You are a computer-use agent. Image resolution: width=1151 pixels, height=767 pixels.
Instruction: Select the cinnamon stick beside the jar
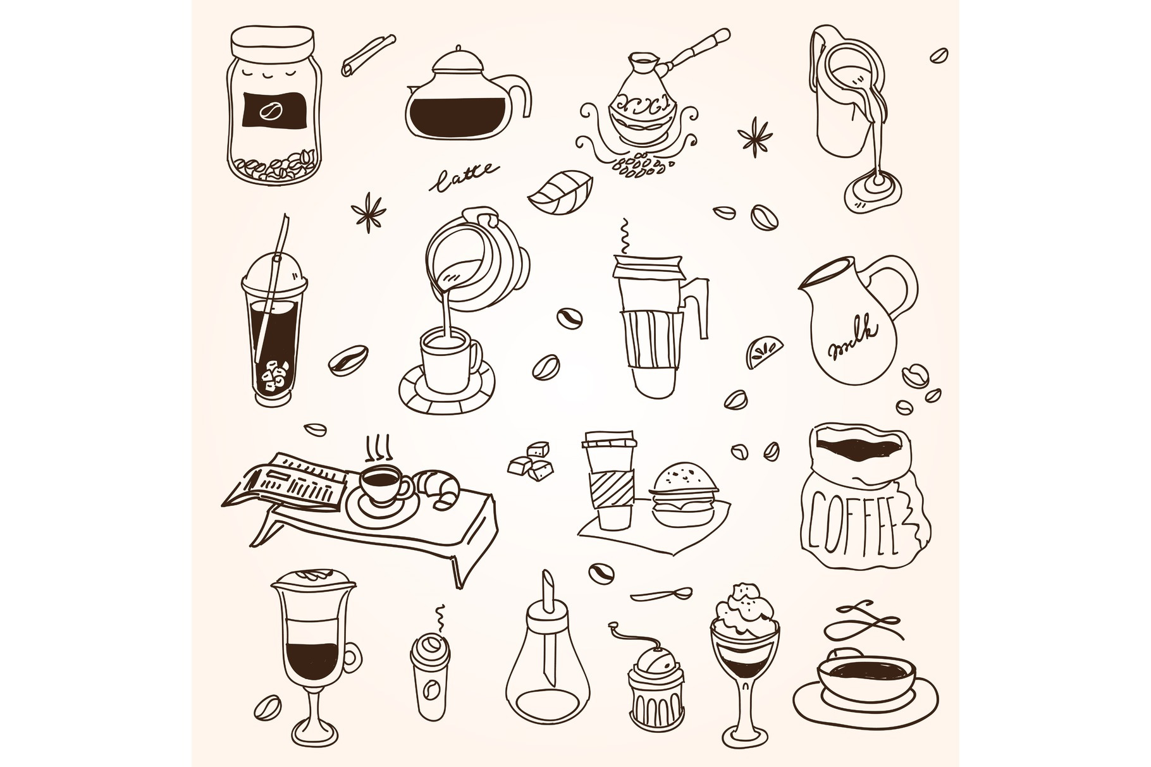click(x=369, y=55)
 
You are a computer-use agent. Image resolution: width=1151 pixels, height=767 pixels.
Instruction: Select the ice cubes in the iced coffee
click(x=276, y=376)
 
